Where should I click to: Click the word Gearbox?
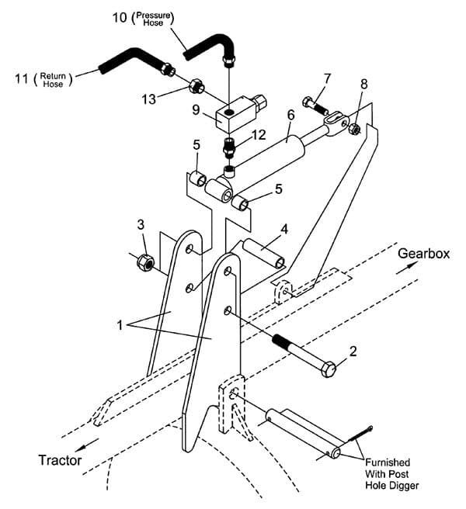(x=423, y=254)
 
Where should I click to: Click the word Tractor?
(x=60, y=460)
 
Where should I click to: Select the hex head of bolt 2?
(x=329, y=369)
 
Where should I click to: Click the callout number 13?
(x=149, y=99)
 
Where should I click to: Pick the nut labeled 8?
(x=354, y=130)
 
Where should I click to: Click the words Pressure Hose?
(x=153, y=19)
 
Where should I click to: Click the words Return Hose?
(x=53, y=80)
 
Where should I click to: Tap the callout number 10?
(x=120, y=17)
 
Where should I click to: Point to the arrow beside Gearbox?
(x=406, y=268)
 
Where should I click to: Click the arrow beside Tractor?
(x=87, y=445)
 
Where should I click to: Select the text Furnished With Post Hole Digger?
(x=392, y=474)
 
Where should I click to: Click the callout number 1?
(x=120, y=324)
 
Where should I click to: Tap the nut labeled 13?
(x=196, y=86)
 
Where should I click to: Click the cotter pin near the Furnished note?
(x=360, y=434)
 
